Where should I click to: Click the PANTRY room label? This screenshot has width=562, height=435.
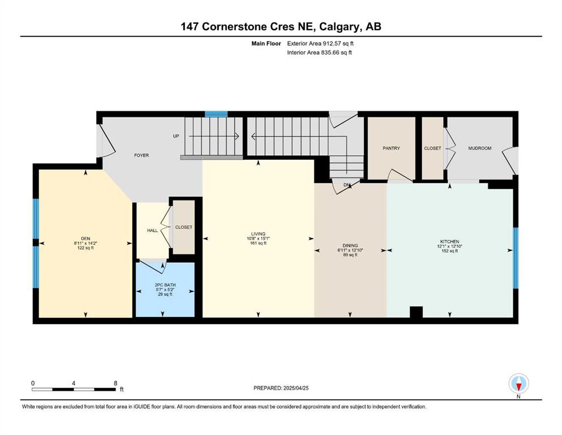pyautogui.click(x=391, y=148)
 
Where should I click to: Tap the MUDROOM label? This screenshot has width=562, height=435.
pyautogui.click(x=479, y=148)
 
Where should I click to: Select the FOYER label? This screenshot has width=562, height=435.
pyautogui.click(x=141, y=155)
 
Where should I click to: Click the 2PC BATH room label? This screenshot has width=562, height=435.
pyautogui.click(x=165, y=285)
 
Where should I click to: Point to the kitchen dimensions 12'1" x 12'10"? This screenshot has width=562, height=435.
pyautogui.click(x=450, y=246)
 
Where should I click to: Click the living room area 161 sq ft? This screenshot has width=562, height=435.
pyautogui.click(x=258, y=243)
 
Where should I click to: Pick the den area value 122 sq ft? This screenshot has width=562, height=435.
pyautogui.click(x=85, y=248)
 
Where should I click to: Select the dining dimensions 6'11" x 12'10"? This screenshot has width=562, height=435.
pyautogui.click(x=350, y=250)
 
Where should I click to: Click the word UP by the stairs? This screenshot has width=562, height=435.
pyautogui.click(x=176, y=137)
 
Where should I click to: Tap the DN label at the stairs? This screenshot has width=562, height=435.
pyautogui.click(x=346, y=185)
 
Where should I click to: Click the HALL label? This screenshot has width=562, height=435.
pyautogui.click(x=152, y=231)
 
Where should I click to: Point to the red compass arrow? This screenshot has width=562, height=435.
pyautogui.click(x=518, y=387)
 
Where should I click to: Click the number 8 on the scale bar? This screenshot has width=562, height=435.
pyautogui.click(x=115, y=383)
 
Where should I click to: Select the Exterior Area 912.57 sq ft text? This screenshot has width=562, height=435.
pyautogui.click(x=320, y=44)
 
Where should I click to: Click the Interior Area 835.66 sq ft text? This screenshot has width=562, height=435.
pyautogui.click(x=319, y=52)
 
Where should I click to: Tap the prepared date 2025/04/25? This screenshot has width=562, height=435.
pyautogui.click(x=295, y=388)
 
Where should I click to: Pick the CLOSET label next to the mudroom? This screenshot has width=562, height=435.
pyautogui.click(x=432, y=148)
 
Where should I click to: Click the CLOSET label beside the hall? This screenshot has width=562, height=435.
pyautogui.click(x=183, y=227)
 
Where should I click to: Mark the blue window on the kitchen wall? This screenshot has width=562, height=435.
pyautogui.click(x=516, y=258)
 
